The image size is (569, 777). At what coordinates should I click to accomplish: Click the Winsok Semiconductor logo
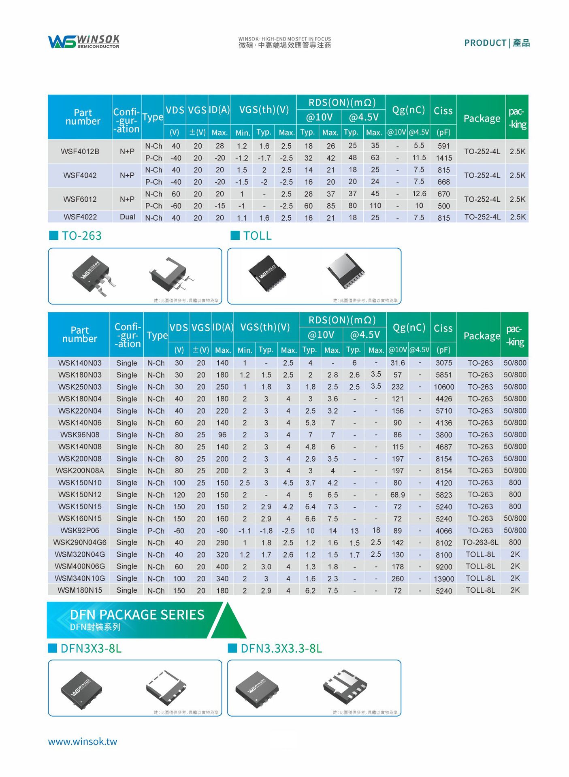click(83, 41)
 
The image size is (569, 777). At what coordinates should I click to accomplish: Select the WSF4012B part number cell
click(80, 151)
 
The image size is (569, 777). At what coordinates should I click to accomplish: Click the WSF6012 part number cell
click(80, 199)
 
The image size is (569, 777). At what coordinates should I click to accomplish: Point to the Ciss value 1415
click(443, 158)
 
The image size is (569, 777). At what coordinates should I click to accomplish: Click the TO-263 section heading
click(81, 236)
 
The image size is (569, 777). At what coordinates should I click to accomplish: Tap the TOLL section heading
click(257, 236)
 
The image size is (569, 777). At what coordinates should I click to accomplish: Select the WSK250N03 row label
click(80, 387)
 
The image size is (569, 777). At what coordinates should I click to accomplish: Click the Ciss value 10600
click(443, 387)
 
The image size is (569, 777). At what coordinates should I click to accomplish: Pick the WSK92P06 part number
click(80, 530)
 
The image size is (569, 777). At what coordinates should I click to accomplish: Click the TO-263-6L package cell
click(480, 542)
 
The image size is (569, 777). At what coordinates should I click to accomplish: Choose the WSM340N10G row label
click(80, 578)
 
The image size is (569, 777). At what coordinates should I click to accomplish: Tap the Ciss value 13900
click(443, 579)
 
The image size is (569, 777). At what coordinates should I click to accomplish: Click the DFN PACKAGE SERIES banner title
click(137, 615)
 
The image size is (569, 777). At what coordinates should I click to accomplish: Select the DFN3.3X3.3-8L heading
click(281, 649)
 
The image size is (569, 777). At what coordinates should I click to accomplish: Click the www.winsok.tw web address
click(83, 741)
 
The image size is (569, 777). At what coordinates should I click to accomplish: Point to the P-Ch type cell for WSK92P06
click(156, 530)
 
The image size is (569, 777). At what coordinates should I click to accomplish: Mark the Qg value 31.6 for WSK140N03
click(397, 363)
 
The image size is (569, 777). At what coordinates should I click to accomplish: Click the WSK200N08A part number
click(80, 470)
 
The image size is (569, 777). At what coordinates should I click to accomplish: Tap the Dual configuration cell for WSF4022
click(127, 217)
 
